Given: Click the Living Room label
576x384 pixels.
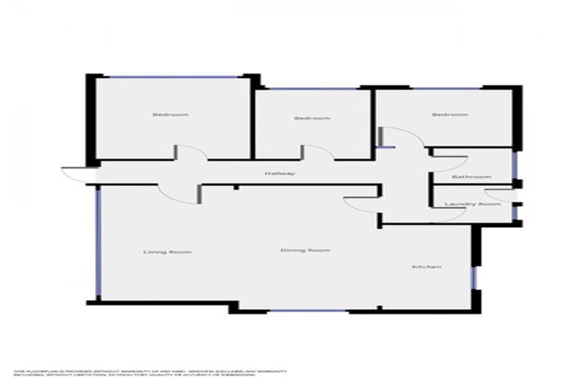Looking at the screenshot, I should (x=167, y=252).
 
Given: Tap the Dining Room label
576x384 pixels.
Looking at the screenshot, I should (x=305, y=250).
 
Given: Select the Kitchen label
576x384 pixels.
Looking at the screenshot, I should (x=426, y=267).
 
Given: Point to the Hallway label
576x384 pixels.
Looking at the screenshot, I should (x=279, y=174).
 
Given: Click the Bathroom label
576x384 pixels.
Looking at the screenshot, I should (x=471, y=177).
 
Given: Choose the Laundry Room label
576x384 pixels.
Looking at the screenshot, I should (x=472, y=204).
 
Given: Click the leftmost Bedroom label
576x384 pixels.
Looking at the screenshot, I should (x=170, y=115).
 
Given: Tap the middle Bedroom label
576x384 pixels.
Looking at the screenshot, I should (x=312, y=118).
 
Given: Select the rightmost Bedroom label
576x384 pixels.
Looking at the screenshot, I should (x=450, y=115).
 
